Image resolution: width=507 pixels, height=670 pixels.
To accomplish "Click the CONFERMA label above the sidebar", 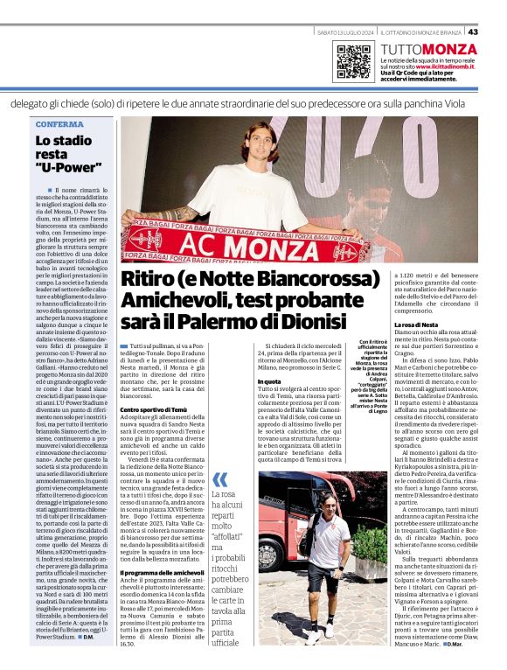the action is [x=54, y=124].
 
